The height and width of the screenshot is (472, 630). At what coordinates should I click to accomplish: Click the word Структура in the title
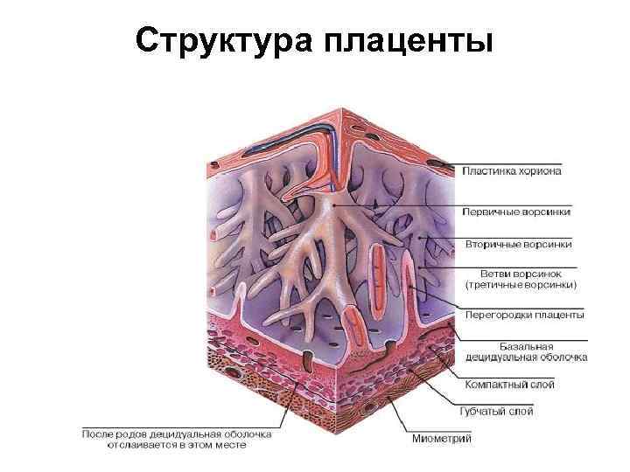[224, 40]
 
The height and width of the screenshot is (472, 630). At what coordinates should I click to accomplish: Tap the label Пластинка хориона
[512, 171]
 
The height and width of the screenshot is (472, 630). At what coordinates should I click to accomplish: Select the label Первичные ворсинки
[517, 211]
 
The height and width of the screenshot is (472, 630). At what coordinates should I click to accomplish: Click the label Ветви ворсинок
[521, 273]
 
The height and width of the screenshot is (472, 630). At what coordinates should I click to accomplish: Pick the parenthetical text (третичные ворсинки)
[521, 284]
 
